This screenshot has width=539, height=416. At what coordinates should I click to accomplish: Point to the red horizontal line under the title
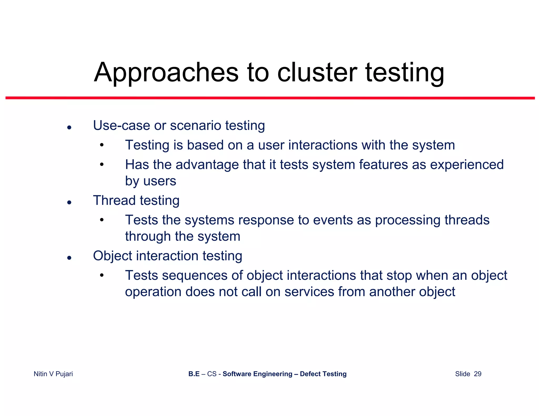(x=270, y=98)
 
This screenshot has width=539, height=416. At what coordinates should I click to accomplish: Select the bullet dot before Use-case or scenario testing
(x=69, y=128)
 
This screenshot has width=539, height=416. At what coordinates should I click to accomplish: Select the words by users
(x=151, y=181)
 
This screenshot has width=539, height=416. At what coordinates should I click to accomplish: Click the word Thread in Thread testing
(x=114, y=200)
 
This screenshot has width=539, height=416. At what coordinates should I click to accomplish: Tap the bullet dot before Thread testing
(x=69, y=202)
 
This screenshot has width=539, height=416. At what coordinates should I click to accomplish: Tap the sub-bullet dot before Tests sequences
(x=102, y=276)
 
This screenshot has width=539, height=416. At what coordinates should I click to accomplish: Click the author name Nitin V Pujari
(x=53, y=374)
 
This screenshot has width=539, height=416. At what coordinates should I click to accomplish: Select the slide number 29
(x=477, y=374)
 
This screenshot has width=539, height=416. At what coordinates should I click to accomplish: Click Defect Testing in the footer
(x=323, y=374)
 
